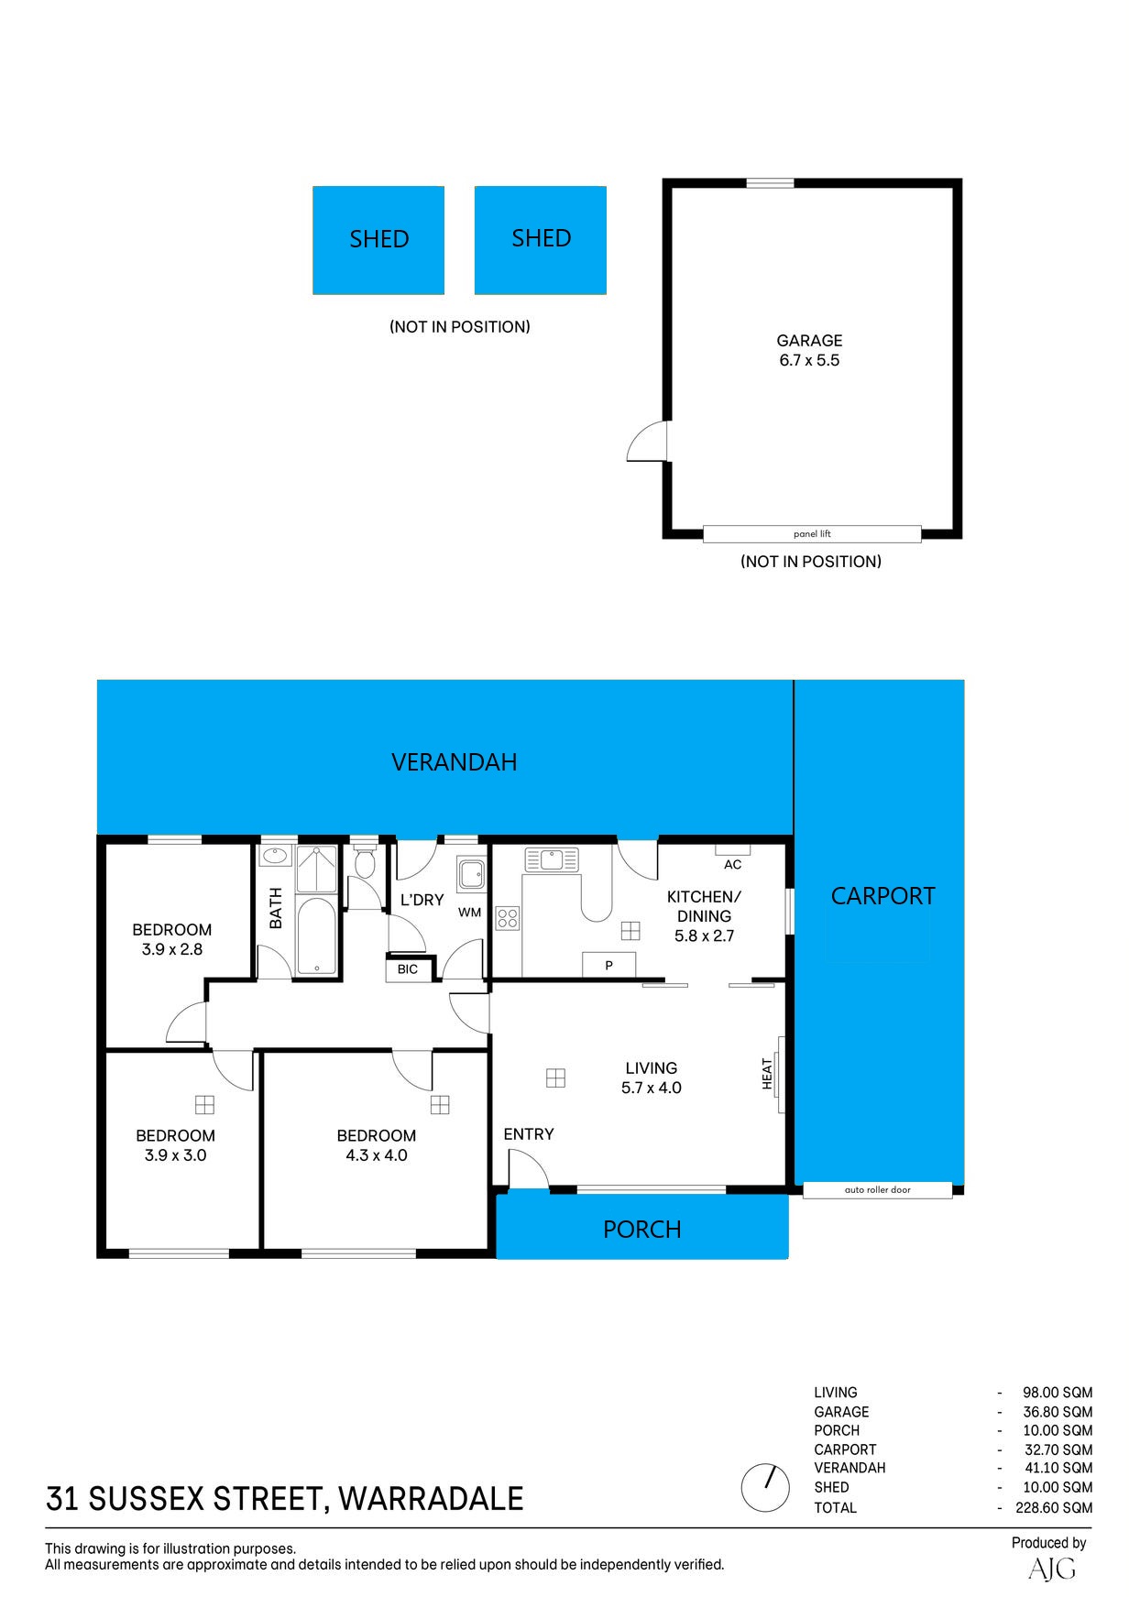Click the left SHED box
pos(378,240)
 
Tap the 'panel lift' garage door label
pos(812,534)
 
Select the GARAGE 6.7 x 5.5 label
pos(809,350)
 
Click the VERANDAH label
pos(455,762)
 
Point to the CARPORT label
pos(882,896)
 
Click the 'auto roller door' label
pos(877,1190)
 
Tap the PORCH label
pos(642,1230)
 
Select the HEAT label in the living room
pos(768,1074)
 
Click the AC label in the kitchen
pos(733,865)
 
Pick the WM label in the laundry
pos(469,913)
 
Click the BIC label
pos(408,969)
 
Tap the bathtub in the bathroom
pos(318,936)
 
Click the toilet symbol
pos(364,860)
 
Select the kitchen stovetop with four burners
pos(508,918)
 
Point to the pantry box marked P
pos(608,966)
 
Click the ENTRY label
pos(529,1134)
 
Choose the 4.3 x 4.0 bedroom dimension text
pos(377,1155)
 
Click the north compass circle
pos(765,1487)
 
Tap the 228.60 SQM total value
pos(1054,1507)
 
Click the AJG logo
pos(1052,1569)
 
